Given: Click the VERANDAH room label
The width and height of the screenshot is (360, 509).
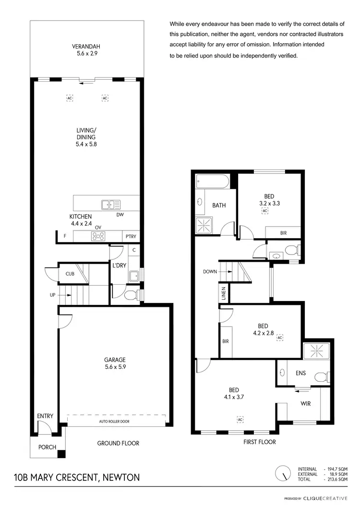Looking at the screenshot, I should pyautogui.click(x=86, y=50).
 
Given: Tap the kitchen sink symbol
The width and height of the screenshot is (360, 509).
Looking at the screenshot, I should pyautogui.click(x=111, y=205).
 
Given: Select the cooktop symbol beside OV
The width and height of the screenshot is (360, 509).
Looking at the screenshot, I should pyautogui.click(x=98, y=236).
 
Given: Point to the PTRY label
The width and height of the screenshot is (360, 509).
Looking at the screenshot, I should pyautogui.click(x=131, y=236).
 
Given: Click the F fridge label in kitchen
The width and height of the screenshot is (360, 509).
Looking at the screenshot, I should pyautogui.click(x=64, y=236).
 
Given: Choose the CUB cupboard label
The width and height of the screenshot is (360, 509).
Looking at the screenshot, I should pyautogui.click(x=70, y=274).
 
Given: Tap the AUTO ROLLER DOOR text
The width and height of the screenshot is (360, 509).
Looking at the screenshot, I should pyautogui.click(x=114, y=422).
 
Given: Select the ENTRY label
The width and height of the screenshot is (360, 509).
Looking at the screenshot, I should pyautogui.click(x=45, y=416).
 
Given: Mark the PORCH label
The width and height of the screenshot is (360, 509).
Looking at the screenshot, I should pyautogui.click(x=48, y=447).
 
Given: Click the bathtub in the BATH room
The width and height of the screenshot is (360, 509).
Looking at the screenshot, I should pyautogui.click(x=213, y=182).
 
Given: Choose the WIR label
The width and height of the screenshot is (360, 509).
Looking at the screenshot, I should pyautogui.click(x=305, y=403).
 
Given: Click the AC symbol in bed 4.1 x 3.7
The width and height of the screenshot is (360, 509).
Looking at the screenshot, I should pyautogui.click(x=240, y=419).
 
